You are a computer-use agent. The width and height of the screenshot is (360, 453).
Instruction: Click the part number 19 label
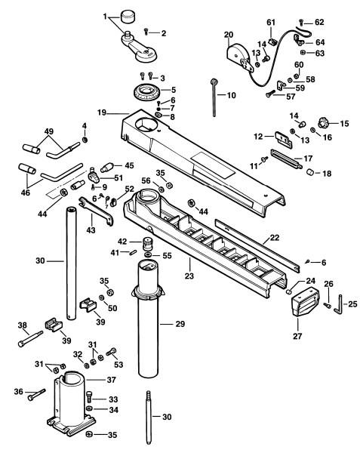(x=102, y=112)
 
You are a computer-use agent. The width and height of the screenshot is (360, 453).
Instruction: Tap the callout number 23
(x=189, y=276)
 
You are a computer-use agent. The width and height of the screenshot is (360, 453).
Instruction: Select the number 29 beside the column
(x=180, y=324)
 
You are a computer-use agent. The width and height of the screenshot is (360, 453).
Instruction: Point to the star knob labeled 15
(x=322, y=123)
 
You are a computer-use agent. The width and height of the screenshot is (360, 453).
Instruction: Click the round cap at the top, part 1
(x=128, y=17)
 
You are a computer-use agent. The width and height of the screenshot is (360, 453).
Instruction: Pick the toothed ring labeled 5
(x=146, y=92)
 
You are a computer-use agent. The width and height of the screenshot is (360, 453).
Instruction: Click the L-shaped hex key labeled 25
(x=339, y=306)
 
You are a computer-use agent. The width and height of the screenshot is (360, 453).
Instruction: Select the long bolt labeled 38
(x=30, y=339)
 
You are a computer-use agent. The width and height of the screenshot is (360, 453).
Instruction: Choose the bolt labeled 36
(x=37, y=394)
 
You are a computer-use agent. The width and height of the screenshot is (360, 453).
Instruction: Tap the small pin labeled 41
(x=134, y=252)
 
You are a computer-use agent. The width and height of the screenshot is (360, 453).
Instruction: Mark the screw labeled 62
(x=301, y=21)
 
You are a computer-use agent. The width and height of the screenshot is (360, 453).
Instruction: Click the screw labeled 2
(x=146, y=32)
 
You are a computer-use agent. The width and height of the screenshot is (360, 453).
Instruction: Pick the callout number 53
(x=118, y=365)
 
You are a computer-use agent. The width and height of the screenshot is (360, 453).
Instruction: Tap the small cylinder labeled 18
(x=310, y=172)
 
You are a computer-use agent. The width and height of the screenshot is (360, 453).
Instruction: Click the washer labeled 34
(x=90, y=409)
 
